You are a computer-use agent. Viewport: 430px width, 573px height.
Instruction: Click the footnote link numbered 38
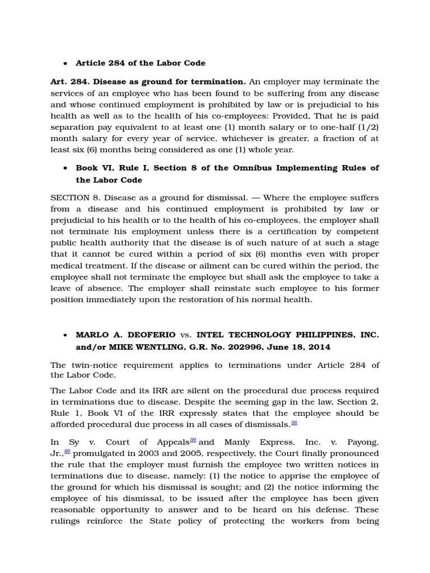click(294, 423)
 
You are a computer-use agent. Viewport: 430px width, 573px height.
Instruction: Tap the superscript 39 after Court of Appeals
click(193, 440)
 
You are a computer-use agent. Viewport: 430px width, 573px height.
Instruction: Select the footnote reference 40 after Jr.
click(67, 451)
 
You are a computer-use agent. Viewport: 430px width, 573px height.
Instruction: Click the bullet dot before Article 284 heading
click(65, 64)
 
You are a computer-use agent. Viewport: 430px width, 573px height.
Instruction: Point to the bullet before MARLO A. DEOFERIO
click(65, 336)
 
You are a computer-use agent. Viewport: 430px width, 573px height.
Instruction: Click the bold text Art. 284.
click(67, 82)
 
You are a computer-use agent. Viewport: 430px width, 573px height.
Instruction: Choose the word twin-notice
click(96, 365)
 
